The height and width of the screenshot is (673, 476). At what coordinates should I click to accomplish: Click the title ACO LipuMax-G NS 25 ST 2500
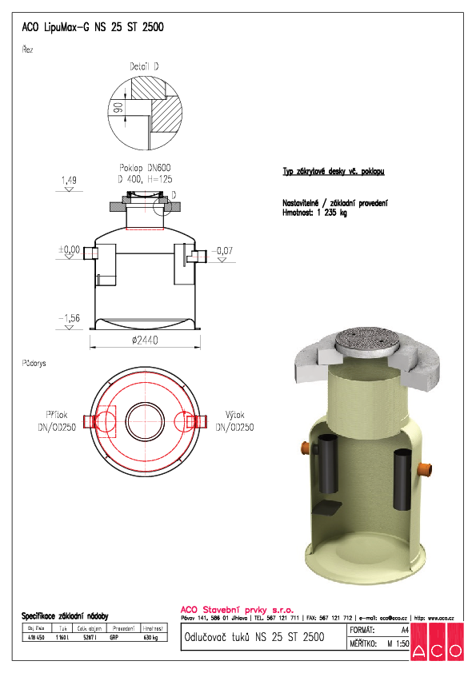point(92,26)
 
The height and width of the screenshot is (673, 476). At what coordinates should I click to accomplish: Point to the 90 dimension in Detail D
point(117,110)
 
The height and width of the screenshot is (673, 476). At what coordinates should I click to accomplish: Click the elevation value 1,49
point(68,181)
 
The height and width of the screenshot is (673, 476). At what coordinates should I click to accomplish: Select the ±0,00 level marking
point(69,250)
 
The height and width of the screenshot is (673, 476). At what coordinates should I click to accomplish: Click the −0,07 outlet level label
point(222,251)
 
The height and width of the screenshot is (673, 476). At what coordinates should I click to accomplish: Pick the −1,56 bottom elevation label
point(69,318)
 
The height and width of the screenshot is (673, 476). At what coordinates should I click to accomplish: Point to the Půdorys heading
point(34,362)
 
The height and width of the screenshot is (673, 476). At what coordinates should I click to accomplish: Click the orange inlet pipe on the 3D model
point(305,447)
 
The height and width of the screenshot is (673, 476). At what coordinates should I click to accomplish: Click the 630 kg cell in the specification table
point(150,638)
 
